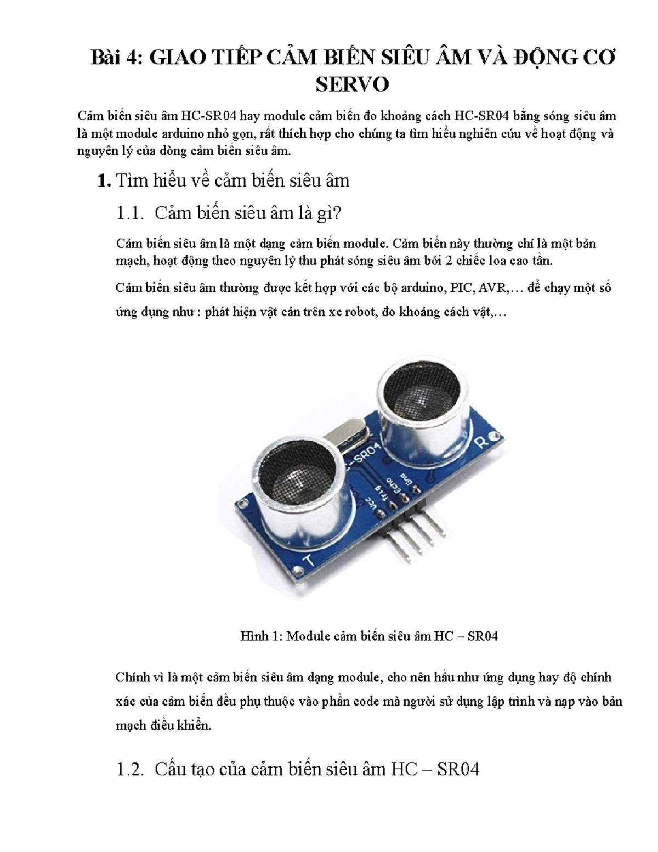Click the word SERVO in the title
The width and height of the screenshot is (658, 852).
click(x=353, y=84)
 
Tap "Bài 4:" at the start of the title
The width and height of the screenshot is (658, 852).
click(x=116, y=57)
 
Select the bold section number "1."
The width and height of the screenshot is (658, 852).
click(x=104, y=180)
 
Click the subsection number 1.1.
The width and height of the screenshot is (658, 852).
click(x=131, y=213)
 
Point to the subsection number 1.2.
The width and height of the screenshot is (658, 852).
click(x=131, y=769)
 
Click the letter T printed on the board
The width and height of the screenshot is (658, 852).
click(x=309, y=561)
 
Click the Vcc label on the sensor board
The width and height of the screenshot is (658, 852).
click(x=372, y=504)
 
